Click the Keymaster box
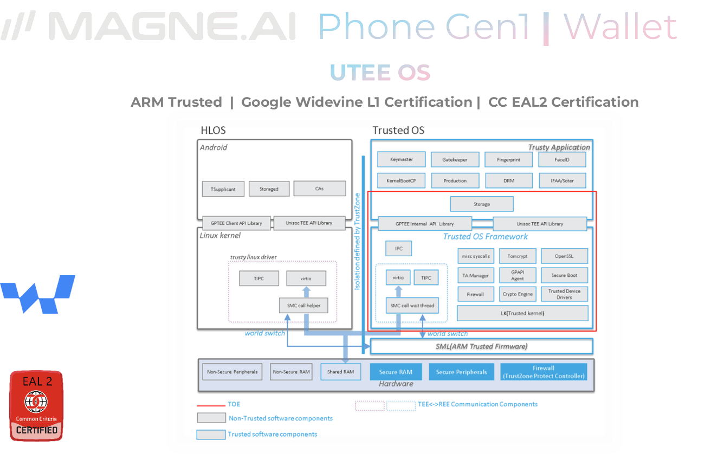tap(401, 159)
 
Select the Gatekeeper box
tap(455, 159)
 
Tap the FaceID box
tap(562, 159)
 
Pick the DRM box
tap(508, 180)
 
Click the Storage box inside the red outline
tap(481, 204)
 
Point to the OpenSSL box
tap(564, 256)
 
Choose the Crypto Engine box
tap(518, 294)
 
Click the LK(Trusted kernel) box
tap(522, 313)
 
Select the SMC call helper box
tap(303, 306)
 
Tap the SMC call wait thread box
tap(412, 306)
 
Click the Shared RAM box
tap(340, 372)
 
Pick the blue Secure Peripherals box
tap(461, 372)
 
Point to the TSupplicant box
tap(223, 189)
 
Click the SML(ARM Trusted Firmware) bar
tap(481, 346)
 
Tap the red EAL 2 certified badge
tap(36, 406)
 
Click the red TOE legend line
tap(211, 405)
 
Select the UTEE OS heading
tap(380, 73)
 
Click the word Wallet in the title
tap(620, 27)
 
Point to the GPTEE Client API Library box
tap(236, 223)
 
